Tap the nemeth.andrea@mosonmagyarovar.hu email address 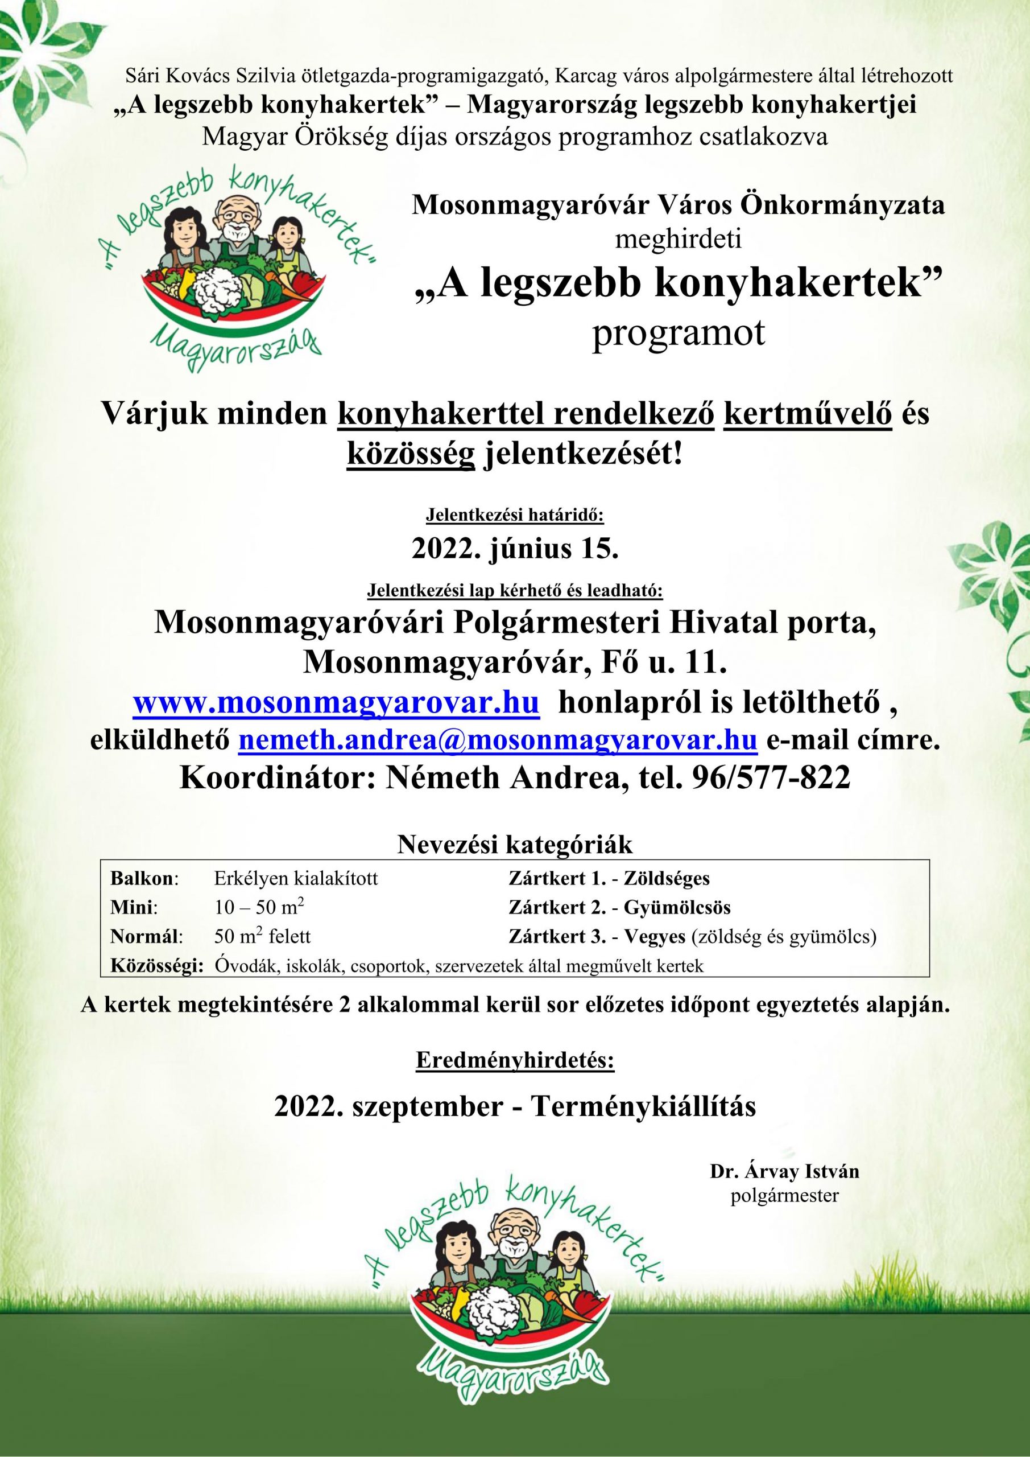tap(497, 740)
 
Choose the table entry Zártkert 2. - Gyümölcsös tap(619, 907)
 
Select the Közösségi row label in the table tap(156, 966)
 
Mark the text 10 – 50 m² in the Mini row tap(259, 907)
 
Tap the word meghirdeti tap(678, 240)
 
